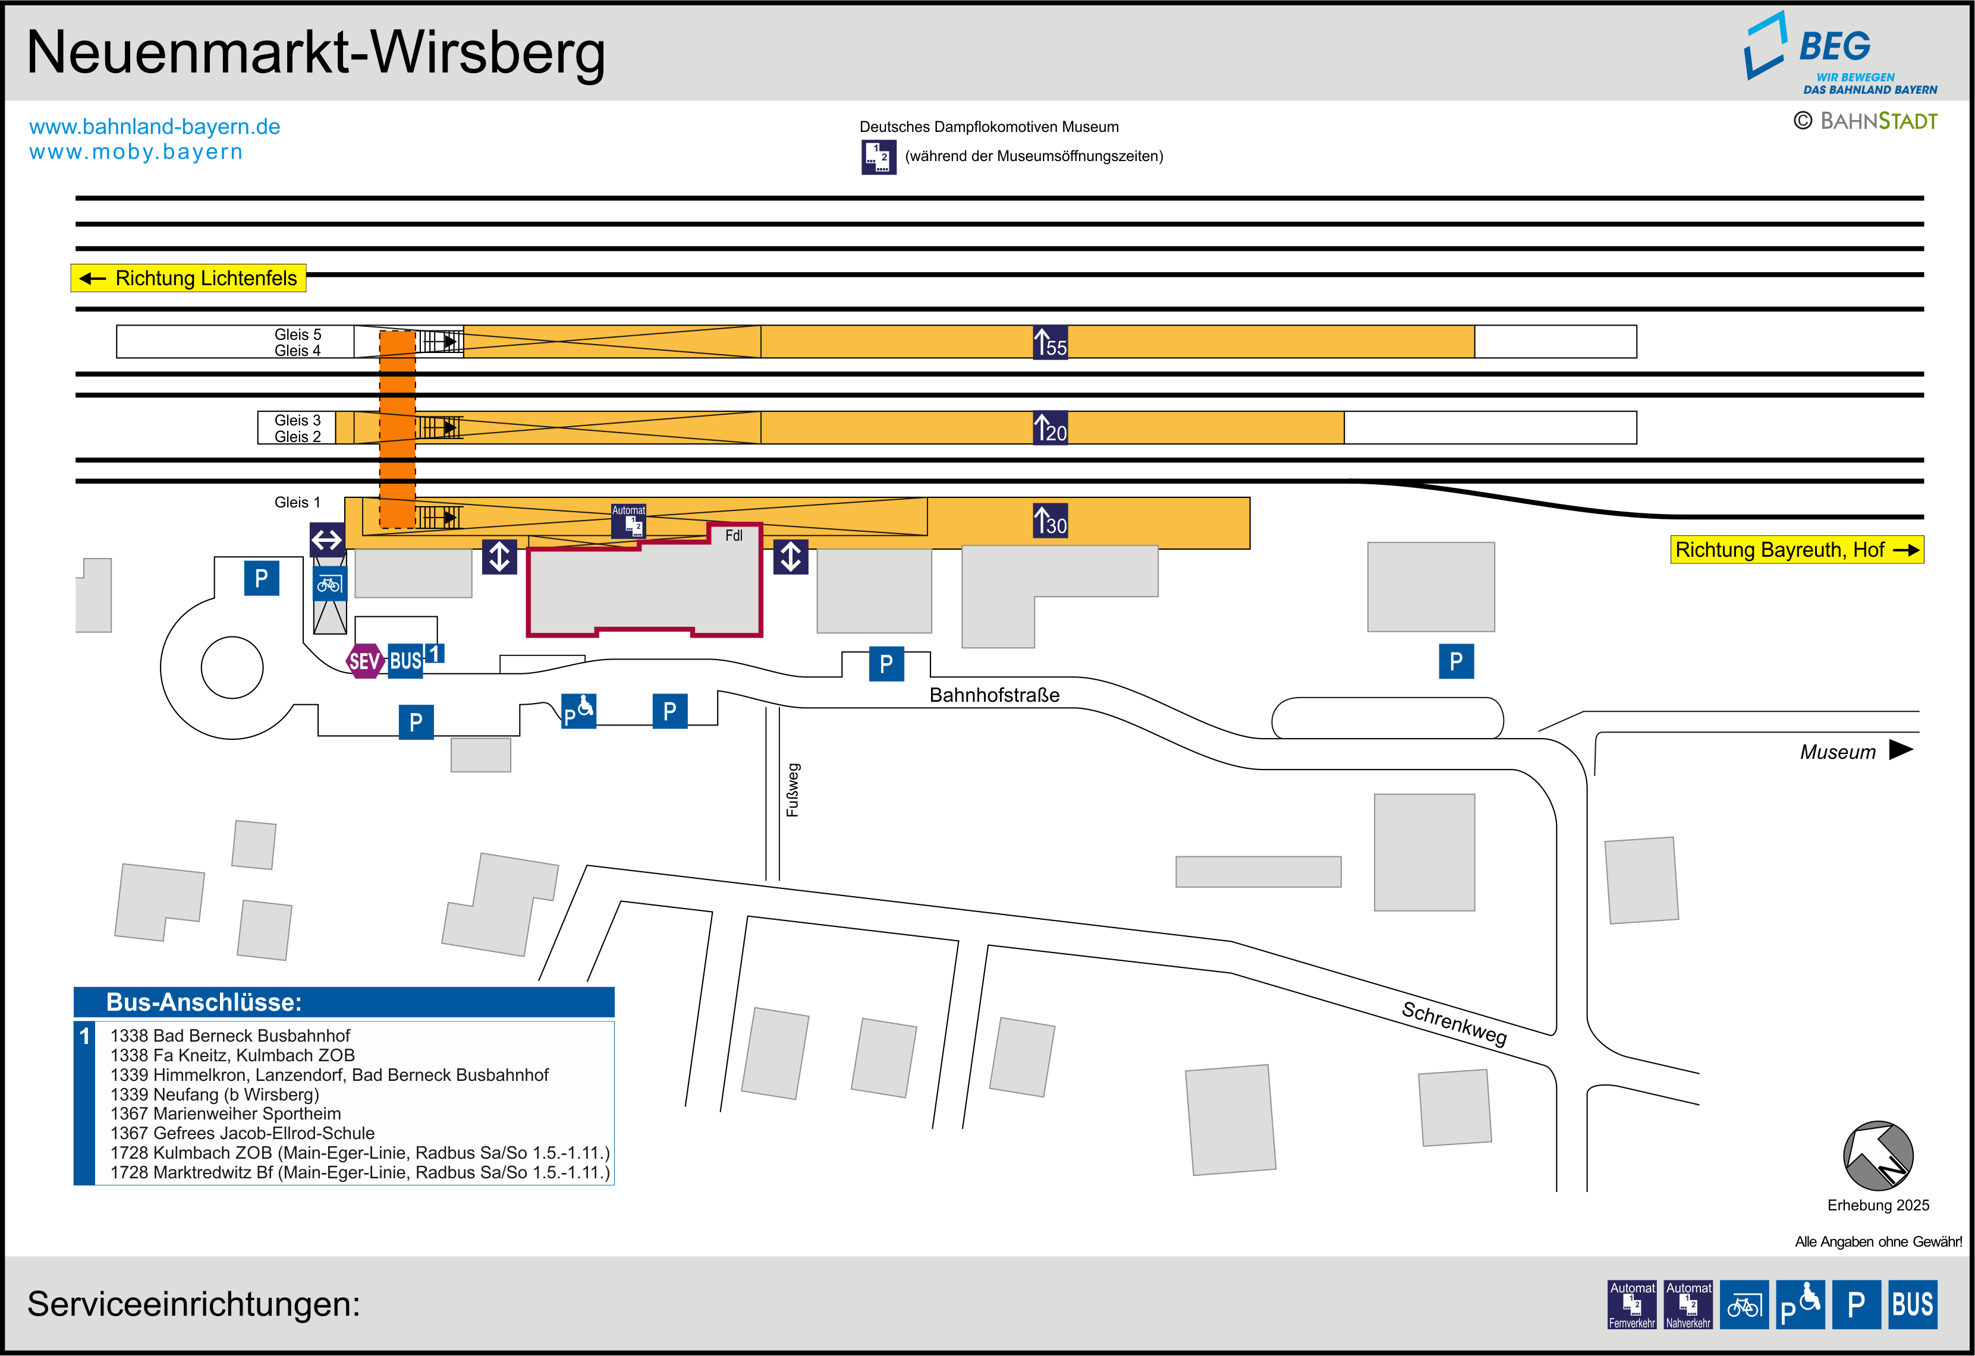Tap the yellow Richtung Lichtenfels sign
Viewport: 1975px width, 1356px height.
(188, 278)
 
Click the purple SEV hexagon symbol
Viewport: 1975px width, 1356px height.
(364, 661)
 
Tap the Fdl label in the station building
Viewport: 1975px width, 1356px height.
(734, 535)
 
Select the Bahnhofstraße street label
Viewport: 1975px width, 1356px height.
(994, 695)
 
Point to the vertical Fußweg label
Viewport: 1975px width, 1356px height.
(793, 790)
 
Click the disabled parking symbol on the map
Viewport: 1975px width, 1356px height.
(578, 711)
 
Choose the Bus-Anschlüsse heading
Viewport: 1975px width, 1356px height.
(204, 1002)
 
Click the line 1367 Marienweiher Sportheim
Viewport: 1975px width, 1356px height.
(225, 1114)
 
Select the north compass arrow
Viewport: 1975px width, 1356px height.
(1877, 1156)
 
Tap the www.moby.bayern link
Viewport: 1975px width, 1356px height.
(136, 152)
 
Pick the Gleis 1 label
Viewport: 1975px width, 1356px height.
(297, 502)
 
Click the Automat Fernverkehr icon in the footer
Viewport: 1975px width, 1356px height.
(1632, 1304)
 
